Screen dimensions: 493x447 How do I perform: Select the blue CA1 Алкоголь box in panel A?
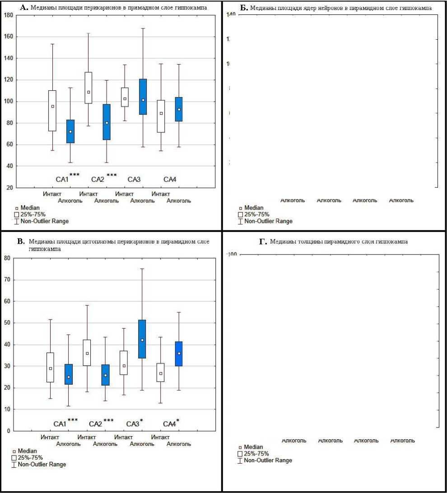(70, 131)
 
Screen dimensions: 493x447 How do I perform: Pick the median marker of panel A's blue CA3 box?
(143, 100)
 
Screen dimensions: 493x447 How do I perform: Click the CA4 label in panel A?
(170, 180)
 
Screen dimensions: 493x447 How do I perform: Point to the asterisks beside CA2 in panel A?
(112, 175)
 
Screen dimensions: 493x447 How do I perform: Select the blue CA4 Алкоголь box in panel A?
(179, 109)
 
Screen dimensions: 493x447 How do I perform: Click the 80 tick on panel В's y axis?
(7, 258)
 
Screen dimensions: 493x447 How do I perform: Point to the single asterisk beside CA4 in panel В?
(177, 421)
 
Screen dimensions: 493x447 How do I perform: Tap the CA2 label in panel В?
(96, 424)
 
